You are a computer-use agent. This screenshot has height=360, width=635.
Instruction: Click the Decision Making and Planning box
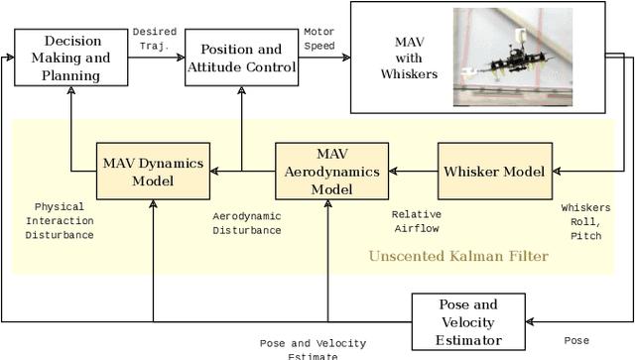point(71,58)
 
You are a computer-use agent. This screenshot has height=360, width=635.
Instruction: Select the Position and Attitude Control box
point(241,59)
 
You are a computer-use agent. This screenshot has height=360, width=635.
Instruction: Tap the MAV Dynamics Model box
point(153,172)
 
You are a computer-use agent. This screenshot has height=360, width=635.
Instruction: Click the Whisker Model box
point(493,172)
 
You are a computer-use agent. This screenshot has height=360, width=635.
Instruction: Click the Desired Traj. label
point(154,39)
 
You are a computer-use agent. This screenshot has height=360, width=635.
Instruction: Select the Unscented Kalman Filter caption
point(458,256)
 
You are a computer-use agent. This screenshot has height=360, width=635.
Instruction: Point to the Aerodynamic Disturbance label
point(247,223)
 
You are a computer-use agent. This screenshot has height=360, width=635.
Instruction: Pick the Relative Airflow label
point(416,220)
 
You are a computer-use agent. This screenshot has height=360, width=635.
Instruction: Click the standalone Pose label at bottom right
point(575,340)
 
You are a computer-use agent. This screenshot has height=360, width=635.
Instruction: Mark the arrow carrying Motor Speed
point(324,58)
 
